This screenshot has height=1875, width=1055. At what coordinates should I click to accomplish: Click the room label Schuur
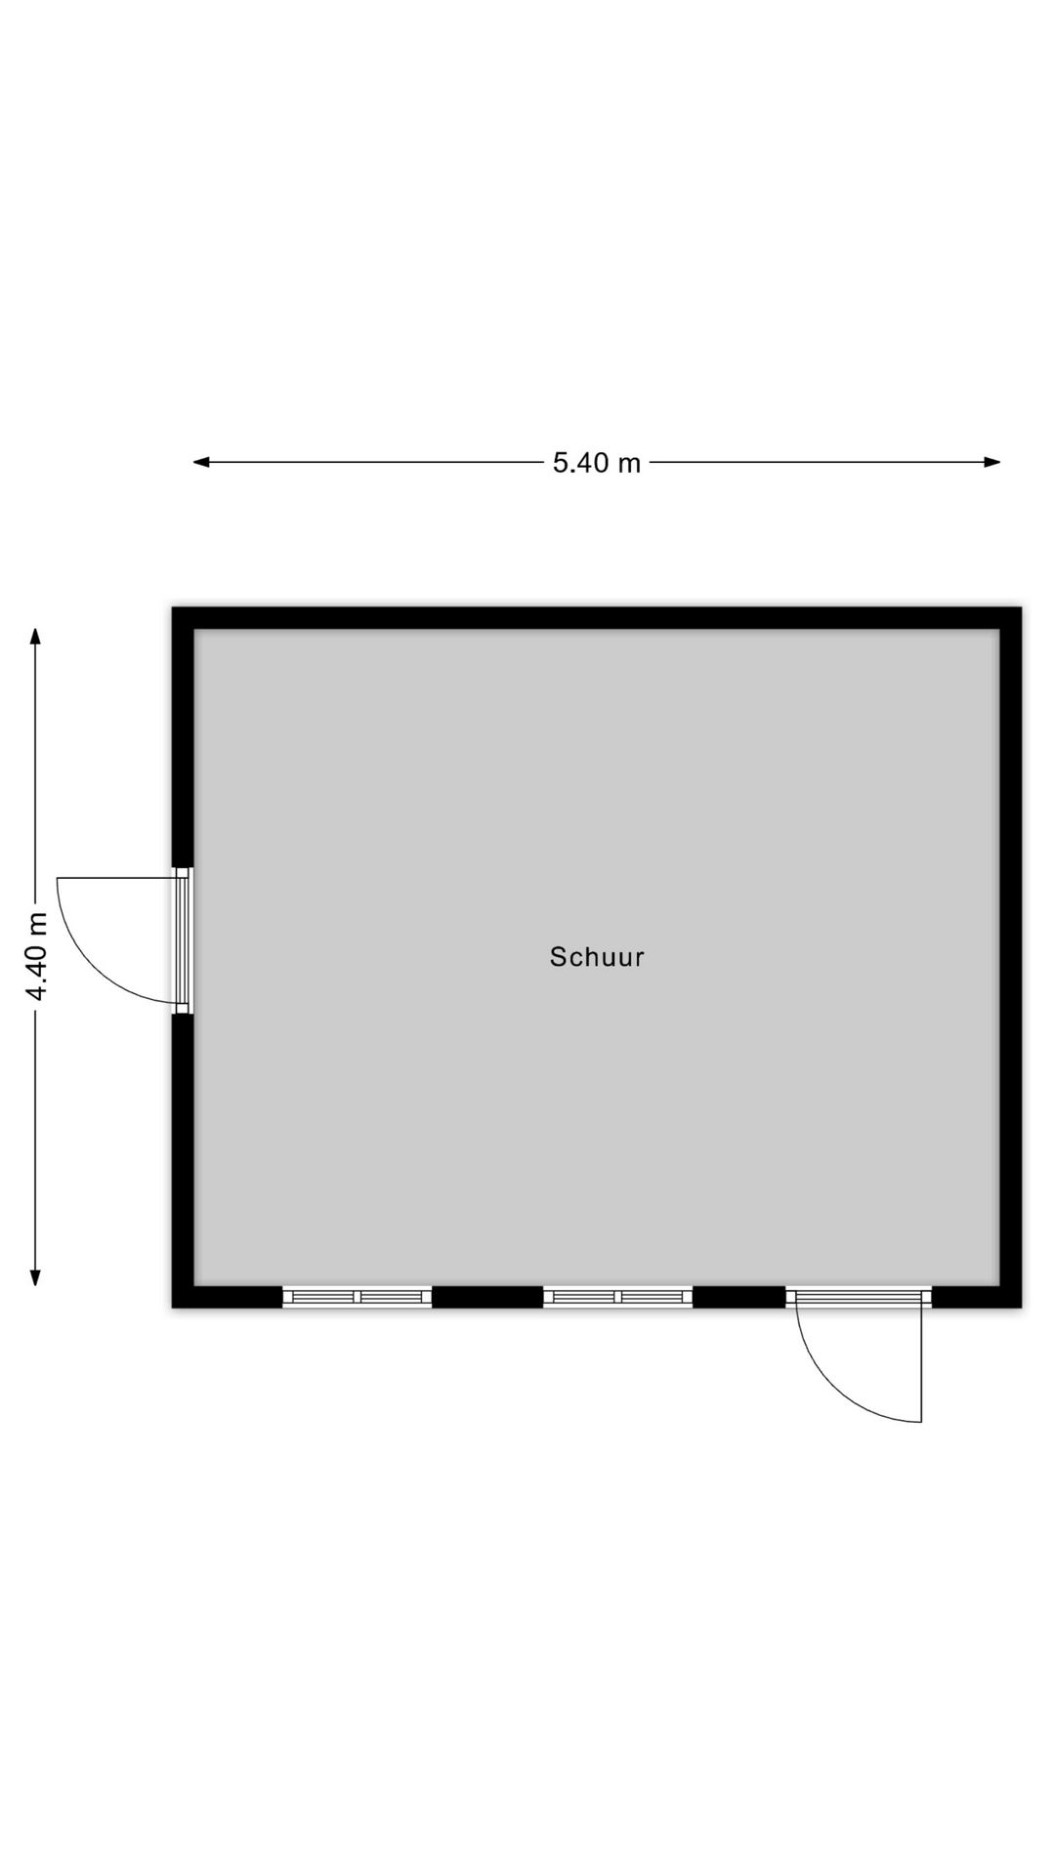pyautogui.click(x=597, y=957)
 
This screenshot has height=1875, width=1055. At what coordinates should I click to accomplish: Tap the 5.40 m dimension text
pyautogui.click(x=597, y=463)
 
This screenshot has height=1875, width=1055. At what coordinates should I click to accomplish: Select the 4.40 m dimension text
pyautogui.click(x=37, y=956)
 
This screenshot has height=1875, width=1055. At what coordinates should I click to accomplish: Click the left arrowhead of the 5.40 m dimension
pyautogui.click(x=201, y=462)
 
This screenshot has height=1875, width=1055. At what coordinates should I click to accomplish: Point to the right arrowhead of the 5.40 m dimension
pyautogui.click(x=992, y=462)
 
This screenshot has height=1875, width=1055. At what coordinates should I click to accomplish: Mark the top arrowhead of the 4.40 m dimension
pyautogui.click(x=36, y=637)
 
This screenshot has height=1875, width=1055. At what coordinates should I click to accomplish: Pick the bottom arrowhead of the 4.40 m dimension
pyautogui.click(x=36, y=1276)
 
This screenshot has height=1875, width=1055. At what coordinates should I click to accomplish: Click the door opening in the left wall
pyautogui.click(x=183, y=940)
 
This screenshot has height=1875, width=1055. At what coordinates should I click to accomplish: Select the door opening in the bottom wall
pyautogui.click(x=859, y=1297)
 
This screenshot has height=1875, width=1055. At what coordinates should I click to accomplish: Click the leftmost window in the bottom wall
pyautogui.click(x=357, y=1297)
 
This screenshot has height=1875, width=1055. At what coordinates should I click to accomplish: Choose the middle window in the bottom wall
pyautogui.click(x=617, y=1297)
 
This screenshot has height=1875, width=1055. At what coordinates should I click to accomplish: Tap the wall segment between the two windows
pyautogui.click(x=487, y=1297)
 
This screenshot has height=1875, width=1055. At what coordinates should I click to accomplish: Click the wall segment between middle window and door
pyautogui.click(x=738, y=1297)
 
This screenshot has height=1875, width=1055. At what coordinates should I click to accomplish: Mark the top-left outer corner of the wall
pyautogui.click(x=173, y=607)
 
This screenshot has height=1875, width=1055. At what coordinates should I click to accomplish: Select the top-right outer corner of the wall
pyautogui.click(x=1021, y=607)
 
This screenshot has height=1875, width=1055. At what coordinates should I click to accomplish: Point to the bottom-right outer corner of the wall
pyautogui.click(x=1021, y=1308)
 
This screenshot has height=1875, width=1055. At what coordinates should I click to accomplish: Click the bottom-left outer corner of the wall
pyautogui.click(x=173, y=1308)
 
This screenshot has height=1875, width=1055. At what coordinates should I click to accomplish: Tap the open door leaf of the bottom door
pyautogui.click(x=921, y=1360)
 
